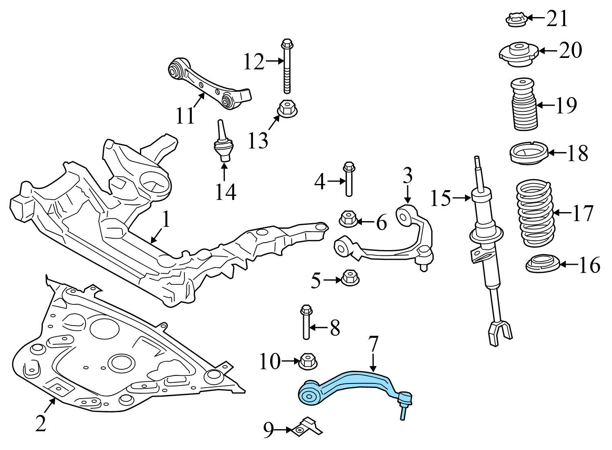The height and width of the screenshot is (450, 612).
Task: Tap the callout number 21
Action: (557, 18)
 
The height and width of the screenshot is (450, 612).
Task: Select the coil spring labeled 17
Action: (534, 214)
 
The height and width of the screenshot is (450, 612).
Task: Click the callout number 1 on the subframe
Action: (165, 220)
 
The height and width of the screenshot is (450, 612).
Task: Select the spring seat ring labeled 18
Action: (528, 155)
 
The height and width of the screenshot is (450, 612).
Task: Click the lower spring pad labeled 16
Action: (541, 264)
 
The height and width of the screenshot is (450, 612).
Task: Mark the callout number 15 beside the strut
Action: (441, 199)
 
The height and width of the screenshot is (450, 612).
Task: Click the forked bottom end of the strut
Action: (501, 330)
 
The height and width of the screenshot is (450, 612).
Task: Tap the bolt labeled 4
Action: (349, 180)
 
